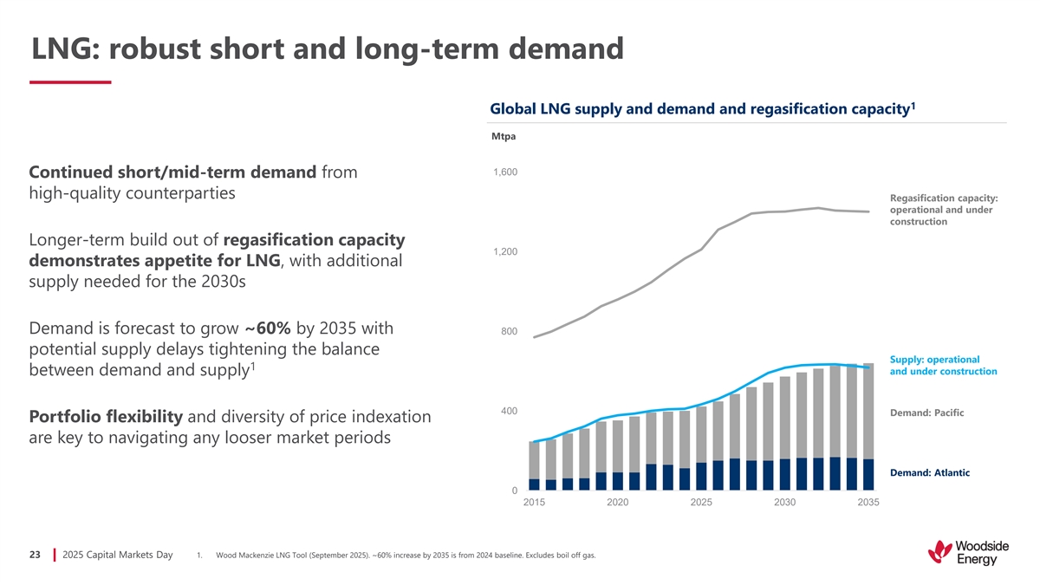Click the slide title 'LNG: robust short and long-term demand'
327,48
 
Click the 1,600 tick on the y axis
506,172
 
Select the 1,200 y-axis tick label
506,251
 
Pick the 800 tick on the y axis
510,331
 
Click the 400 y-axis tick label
510,410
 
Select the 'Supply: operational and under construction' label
943,365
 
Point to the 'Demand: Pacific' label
926,413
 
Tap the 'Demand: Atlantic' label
929,472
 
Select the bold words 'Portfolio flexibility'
105,417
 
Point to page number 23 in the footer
36,555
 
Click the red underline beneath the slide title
70,82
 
